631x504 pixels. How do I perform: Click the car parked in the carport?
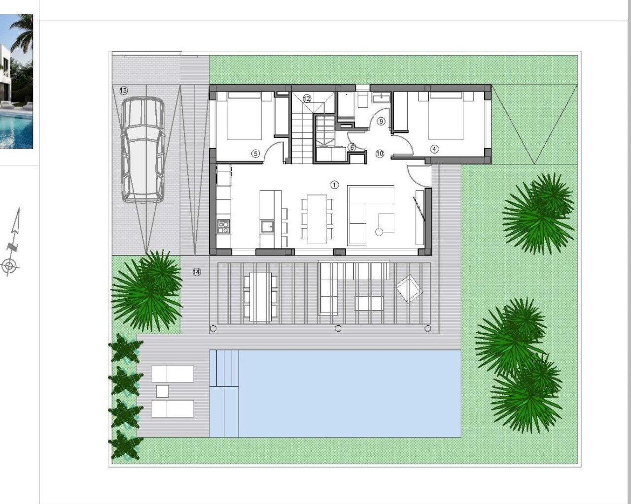point(142,149)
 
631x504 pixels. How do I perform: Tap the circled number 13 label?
point(123,91)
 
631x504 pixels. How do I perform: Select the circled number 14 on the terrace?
point(197,272)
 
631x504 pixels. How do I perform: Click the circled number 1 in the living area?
point(334,185)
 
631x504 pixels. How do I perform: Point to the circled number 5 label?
point(255,154)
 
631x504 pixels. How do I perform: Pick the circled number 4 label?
point(434,149)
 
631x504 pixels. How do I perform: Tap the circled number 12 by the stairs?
point(307,98)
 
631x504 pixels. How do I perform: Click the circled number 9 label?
point(381,121)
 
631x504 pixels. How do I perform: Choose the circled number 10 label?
point(380,154)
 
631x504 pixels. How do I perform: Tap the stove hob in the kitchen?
point(223,226)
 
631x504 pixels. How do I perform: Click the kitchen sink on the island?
point(269,226)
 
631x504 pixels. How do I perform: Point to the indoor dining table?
point(317,219)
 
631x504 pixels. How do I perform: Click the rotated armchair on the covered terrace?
point(409,289)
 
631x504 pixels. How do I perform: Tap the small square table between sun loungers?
point(162,391)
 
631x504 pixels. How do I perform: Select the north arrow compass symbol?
point(12,241)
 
